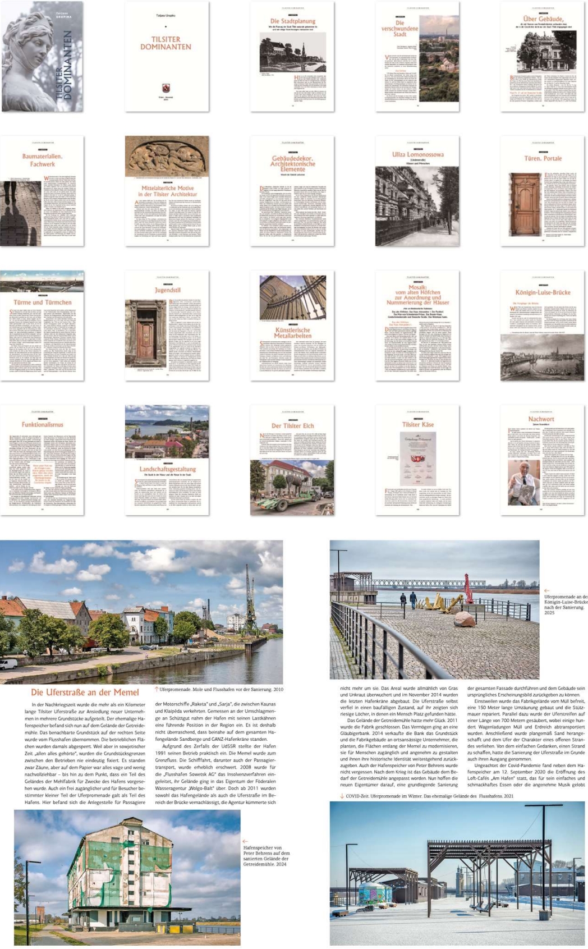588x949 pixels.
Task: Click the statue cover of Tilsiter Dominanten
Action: (42, 56)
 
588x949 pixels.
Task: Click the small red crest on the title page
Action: (166, 88)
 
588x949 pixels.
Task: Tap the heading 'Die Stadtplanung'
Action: (292, 21)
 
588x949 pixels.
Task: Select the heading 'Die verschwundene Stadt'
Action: (399, 29)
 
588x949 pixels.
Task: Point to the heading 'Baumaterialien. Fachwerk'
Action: (42, 160)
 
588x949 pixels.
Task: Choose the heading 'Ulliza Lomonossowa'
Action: (417, 154)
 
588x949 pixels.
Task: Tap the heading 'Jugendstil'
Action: (167, 290)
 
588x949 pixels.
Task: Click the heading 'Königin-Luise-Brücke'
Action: (543, 292)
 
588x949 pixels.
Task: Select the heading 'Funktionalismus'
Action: (42, 425)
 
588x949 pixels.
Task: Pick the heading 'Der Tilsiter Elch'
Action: (292, 426)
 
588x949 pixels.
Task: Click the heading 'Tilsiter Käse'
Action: (417, 425)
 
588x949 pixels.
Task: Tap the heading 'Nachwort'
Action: (541, 419)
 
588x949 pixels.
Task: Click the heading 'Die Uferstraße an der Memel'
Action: (85, 692)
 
